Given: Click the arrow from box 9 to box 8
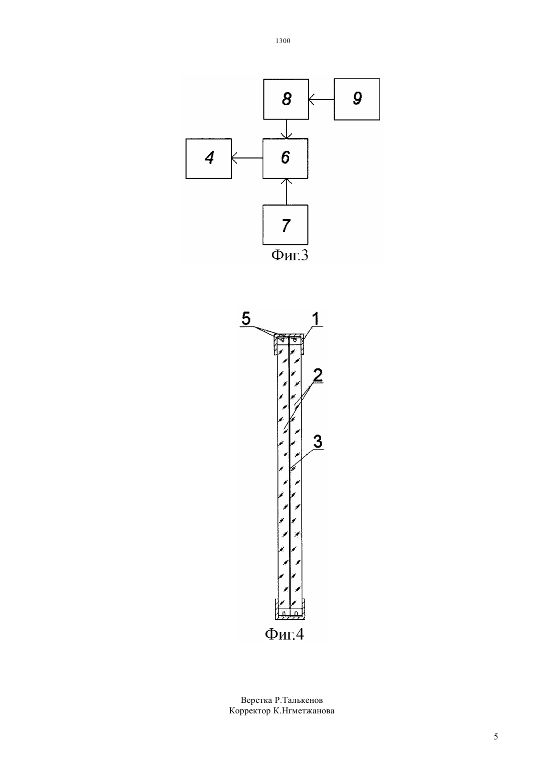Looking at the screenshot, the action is click(322, 100).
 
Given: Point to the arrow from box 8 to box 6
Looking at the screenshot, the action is click(287, 129).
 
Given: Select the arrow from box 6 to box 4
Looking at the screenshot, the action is click(247, 158).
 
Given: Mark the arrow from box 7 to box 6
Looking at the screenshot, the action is click(287, 192).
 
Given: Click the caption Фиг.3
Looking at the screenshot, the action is click(290, 255).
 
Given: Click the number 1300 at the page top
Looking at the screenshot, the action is click(283, 41).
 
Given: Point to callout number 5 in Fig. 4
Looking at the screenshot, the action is click(246, 318).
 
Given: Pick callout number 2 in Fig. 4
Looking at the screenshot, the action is click(318, 374).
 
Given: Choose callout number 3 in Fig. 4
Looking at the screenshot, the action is click(318, 442).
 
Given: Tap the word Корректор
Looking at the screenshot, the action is click(250, 711).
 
